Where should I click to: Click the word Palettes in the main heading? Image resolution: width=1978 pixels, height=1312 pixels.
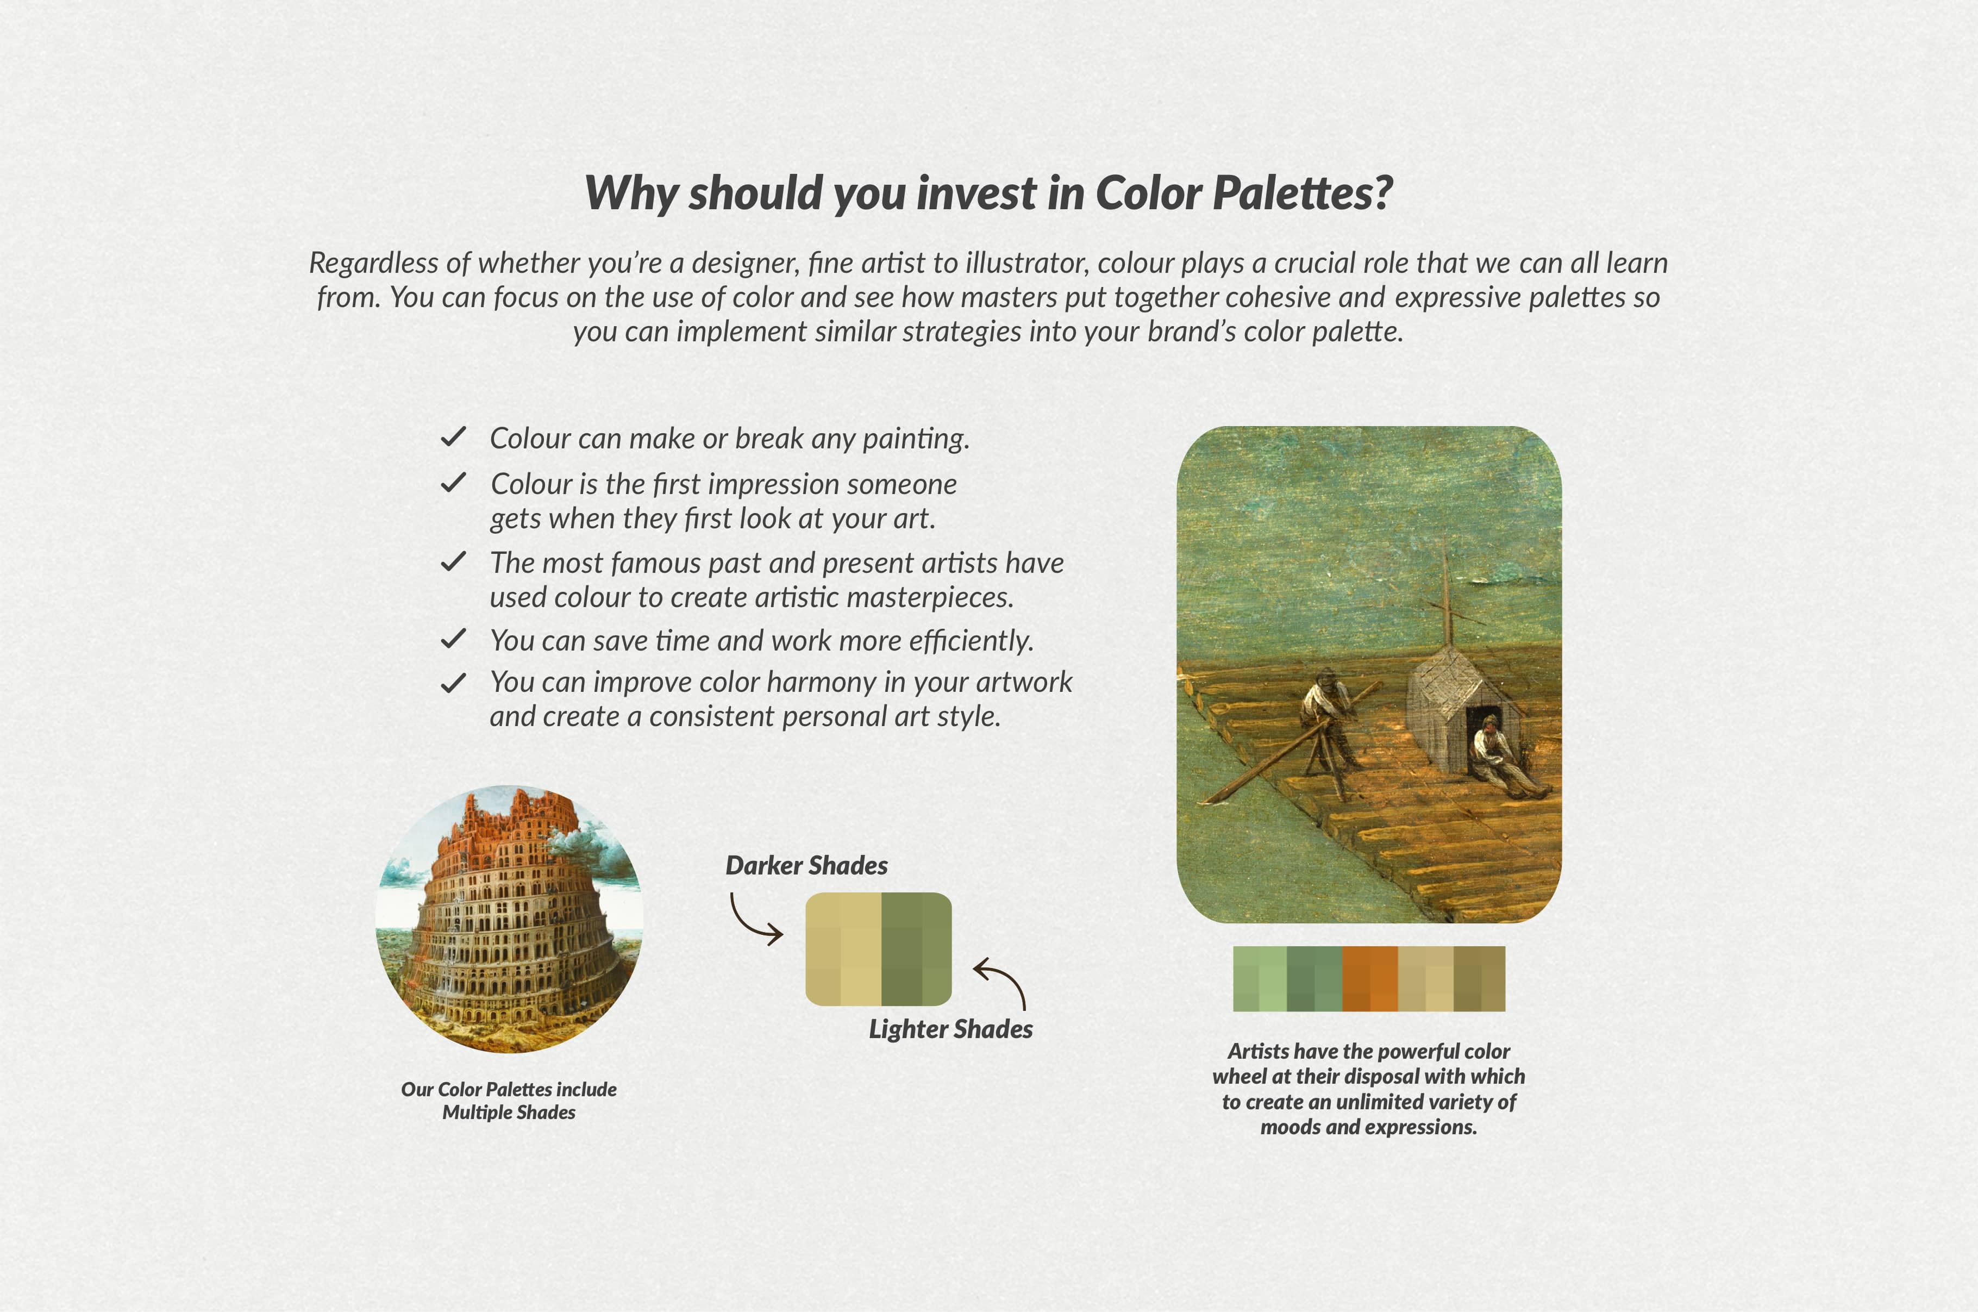pos(1302,193)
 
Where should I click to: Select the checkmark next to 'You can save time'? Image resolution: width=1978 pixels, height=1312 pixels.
pos(453,639)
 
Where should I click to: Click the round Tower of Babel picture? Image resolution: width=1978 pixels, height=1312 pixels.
pos(509,919)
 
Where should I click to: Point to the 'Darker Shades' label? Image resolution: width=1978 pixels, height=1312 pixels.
pos(806,865)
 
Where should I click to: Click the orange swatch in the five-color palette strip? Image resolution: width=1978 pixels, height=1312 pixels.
pos(1370,979)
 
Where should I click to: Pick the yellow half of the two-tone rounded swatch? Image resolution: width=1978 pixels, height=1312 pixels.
pos(843,949)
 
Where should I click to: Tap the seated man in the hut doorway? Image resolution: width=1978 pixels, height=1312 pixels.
pos(1501,757)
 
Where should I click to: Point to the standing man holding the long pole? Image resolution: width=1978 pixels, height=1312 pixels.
pos(1330,720)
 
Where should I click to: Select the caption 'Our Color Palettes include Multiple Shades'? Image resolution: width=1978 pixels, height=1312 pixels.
pos(509,1100)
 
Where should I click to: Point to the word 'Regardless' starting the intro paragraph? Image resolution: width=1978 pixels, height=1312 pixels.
pos(374,264)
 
